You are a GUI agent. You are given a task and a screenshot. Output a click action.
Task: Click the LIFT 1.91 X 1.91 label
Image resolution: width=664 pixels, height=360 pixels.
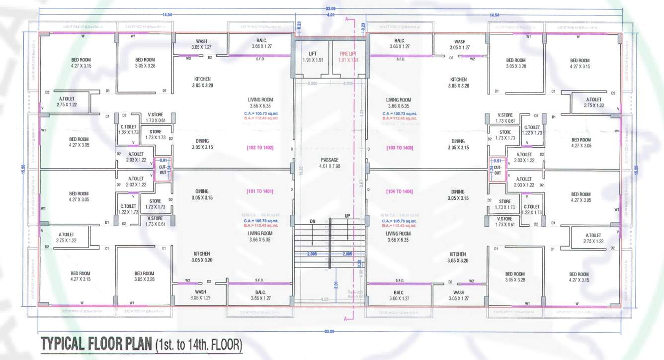click(313, 56)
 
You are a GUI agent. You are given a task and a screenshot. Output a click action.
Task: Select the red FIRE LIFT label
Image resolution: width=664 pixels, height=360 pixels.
click(348, 56)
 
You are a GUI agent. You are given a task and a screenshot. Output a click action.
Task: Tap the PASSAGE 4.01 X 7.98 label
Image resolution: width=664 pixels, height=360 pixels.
click(330, 163)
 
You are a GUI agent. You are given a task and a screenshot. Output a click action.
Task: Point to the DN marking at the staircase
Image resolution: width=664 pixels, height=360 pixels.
click(312, 221)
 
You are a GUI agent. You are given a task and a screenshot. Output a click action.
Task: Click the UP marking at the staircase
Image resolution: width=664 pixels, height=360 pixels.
click(348, 216)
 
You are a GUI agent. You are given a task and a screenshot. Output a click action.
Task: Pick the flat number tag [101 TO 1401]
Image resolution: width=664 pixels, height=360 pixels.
click(260, 191)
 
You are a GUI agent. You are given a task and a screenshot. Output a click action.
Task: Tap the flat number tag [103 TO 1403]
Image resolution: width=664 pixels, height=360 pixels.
click(400, 148)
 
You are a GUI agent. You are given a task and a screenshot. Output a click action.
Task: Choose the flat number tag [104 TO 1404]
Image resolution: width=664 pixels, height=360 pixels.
click(400, 191)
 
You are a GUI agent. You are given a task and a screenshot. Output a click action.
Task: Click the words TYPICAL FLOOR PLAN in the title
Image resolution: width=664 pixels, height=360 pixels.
click(96, 344)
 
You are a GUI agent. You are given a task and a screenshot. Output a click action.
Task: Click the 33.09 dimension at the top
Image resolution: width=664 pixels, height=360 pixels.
click(330, 9)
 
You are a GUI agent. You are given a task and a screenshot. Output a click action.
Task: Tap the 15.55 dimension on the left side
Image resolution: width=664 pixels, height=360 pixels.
click(22, 170)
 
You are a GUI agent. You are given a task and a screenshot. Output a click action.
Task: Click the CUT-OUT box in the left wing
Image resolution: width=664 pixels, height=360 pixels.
click(163, 169)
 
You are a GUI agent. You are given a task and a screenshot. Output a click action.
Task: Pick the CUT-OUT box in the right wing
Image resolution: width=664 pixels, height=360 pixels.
click(498, 170)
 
